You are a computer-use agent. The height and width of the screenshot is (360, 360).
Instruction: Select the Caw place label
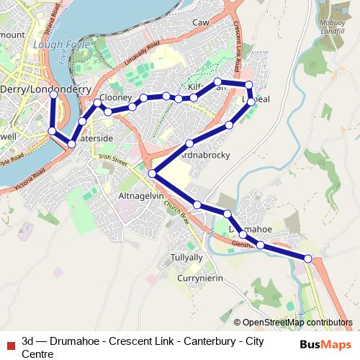pyautogui.click(x=200, y=23)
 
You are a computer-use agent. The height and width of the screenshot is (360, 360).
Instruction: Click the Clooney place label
pyautogui.click(x=115, y=97)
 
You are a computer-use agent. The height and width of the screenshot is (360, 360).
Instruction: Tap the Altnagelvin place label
pyautogui.click(x=142, y=196)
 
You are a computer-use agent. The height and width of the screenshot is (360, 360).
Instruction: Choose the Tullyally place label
pyautogui.click(x=186, y=257)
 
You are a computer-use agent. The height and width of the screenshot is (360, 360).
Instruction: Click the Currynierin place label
pyautogui.click(x=202, y=278)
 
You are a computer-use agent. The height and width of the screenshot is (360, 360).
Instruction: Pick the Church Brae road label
pyautogui.click(x=175, y=210)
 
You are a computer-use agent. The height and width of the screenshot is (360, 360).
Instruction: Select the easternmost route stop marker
pyautogui.click(x=308, y=258)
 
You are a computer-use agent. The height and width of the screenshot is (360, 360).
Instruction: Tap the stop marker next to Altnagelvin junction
pyautogui.click(x=152, y=174)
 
